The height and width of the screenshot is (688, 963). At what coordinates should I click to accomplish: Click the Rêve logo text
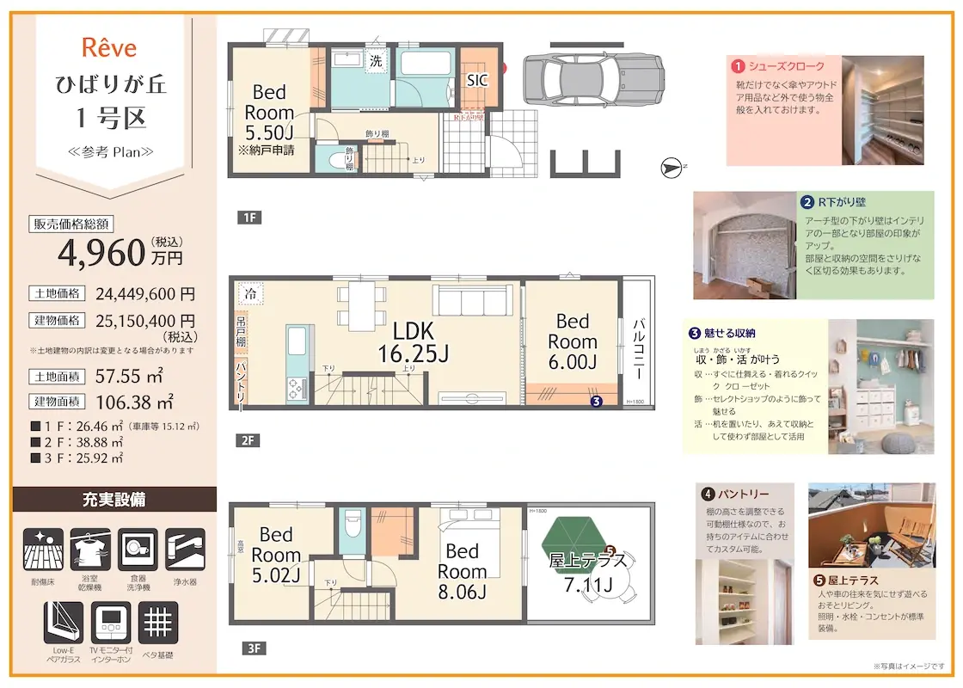click(x=110, y=48)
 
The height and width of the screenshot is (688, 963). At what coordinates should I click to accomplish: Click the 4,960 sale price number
click(x=101, y=253)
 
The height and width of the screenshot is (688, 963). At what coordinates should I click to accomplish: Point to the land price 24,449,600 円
click(x=145, y=292)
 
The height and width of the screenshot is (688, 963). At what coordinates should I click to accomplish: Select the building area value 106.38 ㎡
click(x=130, y=401)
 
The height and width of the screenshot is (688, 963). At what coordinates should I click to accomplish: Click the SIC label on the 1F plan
click(x=477, y=81)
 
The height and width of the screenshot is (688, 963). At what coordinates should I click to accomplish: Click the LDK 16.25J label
click(x=414, y=341)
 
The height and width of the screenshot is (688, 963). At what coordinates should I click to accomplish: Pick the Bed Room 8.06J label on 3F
click(x=463, y=571)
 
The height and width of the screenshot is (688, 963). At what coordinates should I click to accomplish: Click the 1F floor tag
click(x=248, y=218)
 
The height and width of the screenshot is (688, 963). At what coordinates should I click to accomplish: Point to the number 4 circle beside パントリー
click(x=708, y=494)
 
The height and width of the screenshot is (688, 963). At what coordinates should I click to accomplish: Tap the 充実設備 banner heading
click(x=114, y=500)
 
